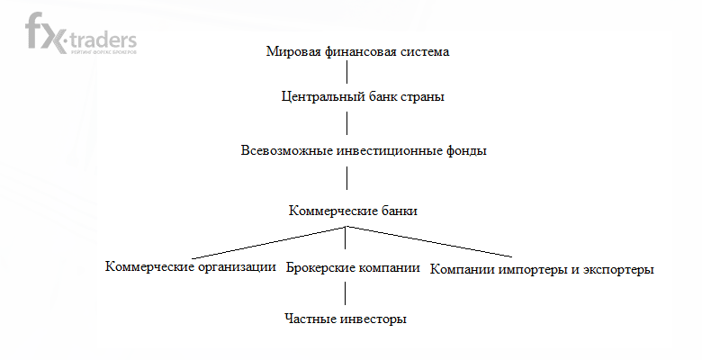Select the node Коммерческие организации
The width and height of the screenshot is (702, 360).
click(190, 266)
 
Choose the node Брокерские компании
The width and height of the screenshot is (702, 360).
click(354, 267)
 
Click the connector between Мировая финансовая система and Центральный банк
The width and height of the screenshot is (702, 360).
click(347, 73)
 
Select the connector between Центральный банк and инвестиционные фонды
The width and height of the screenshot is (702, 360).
click(347, 123)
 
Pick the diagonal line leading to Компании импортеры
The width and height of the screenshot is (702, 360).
click(432, 242)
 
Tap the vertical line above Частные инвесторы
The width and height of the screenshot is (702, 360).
click(345, 294)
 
